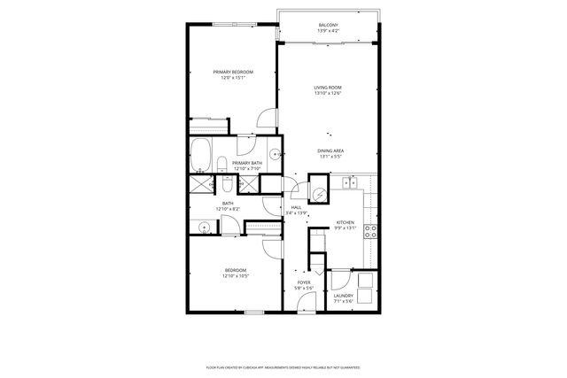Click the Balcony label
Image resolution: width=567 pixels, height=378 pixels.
point(328,25)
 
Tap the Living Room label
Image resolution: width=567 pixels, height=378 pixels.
point(328,88)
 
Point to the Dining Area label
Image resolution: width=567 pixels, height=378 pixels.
point(330,151)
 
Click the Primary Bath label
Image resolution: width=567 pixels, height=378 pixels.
point(246,163)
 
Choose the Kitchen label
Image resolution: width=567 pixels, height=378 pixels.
point(345,222)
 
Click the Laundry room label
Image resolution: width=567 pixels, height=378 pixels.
point(343,296)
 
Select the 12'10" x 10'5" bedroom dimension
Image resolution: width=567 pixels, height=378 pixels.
point(235,276)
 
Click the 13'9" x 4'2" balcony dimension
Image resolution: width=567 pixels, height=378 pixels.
point(328,31)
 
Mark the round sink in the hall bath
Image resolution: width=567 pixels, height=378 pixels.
point(204,227)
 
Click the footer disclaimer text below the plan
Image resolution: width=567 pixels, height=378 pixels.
point(283,366)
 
